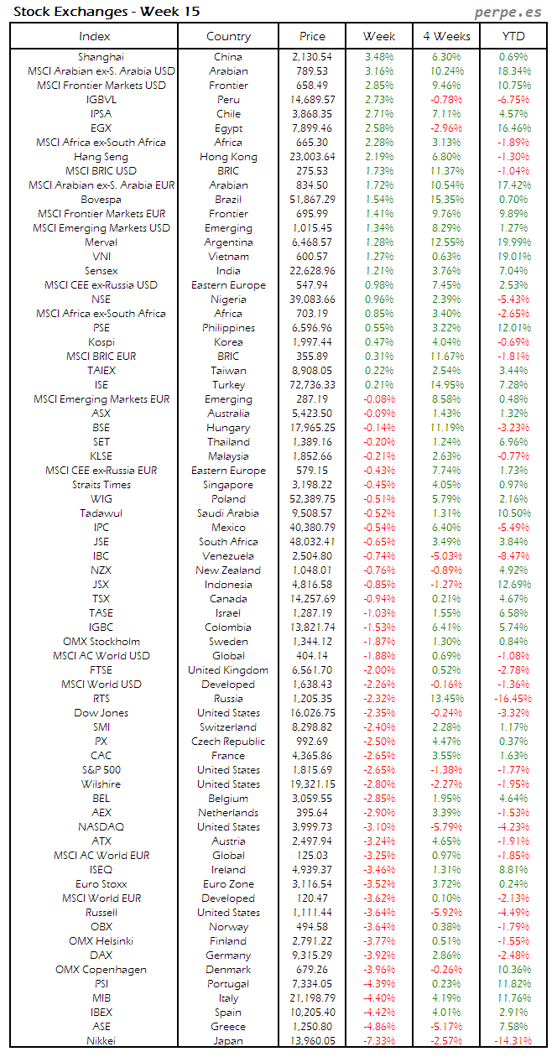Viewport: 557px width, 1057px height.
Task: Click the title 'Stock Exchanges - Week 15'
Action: [x=107, y=12]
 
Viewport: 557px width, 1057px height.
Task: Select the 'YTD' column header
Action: [x=513, y=36]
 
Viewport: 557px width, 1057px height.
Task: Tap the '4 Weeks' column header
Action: [x=446, y=36]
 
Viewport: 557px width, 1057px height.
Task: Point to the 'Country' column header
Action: [x=228, y=36]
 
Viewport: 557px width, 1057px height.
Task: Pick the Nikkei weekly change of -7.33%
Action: [x=379, y=1041]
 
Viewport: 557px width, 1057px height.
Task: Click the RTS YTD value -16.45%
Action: [x=513, y=699]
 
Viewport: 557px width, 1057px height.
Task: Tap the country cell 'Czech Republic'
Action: [x=228, y=742]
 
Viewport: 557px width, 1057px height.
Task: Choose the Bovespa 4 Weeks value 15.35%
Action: [x=446, y=200]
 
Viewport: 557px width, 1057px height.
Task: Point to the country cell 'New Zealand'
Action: [x=228, y=570]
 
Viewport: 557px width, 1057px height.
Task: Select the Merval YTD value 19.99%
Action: [x=513, y=242]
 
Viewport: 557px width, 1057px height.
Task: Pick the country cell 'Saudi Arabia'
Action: [x=228, y=513]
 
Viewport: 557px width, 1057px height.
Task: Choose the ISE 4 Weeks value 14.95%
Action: [x=446, y=385]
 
